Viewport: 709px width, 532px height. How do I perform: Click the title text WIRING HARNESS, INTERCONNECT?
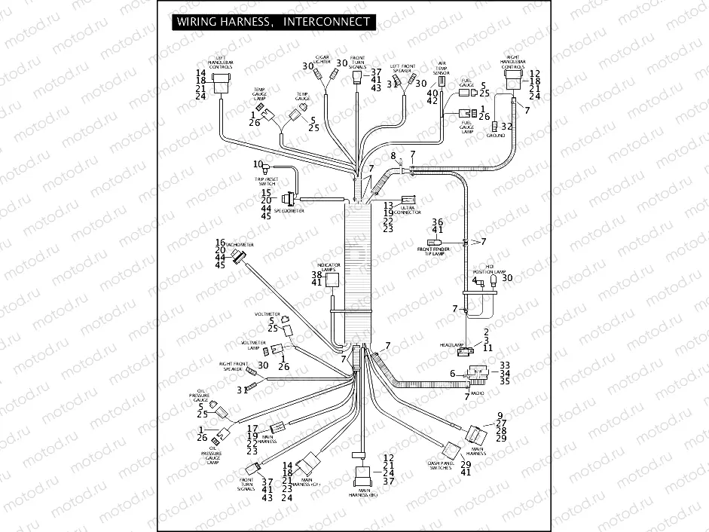pos(273,22)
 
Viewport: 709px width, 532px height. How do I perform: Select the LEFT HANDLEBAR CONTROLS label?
pos(221,63)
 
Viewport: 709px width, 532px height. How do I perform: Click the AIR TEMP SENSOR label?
pos(442,68)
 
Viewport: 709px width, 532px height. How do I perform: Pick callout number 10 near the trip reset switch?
pos(258,164)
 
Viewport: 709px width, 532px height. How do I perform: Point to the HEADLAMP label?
pos(450,344)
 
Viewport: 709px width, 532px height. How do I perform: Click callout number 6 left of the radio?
pos(452,374)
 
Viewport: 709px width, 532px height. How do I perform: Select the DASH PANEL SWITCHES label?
pos(439,466)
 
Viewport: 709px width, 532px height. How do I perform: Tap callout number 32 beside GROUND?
pos(507,126)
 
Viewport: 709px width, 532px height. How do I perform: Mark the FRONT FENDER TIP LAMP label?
pos(432,252)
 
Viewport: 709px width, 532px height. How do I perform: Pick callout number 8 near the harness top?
pos(393,155)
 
